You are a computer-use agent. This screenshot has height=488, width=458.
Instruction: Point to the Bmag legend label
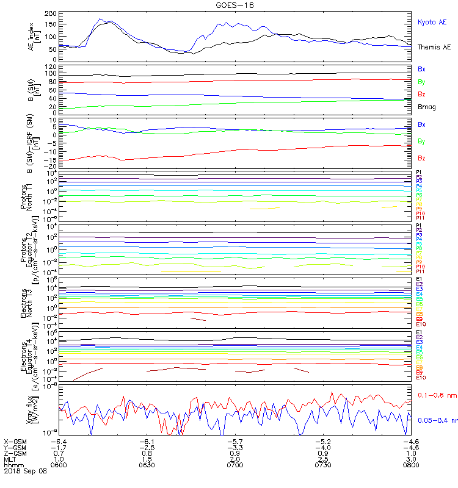pyautogui.click(x=426, y=107)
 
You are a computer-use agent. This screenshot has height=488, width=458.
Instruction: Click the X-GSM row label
pyautogui.click(x=15, y=441)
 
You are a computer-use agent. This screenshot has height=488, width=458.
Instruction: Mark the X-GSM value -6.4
pyautogui.click(x=59, y=441)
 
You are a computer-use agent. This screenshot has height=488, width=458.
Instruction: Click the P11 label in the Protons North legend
pyautogui.click(x=420, y=218)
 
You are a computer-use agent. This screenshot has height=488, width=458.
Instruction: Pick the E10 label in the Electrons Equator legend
pyautogui.click(x=421, y=378)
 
